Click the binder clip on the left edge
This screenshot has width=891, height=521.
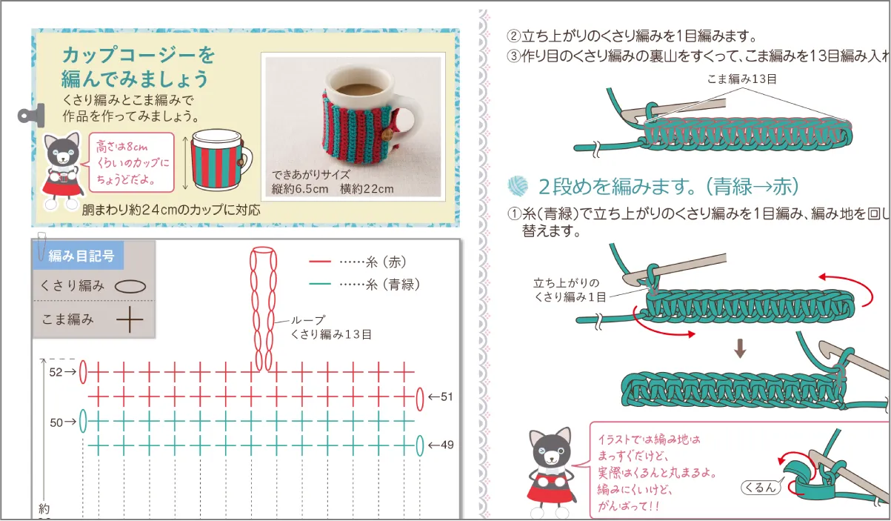(31, 116)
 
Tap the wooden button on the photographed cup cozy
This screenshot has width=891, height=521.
(387, 135)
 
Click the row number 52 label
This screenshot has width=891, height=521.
(56, 372)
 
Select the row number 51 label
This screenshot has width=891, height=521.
(447, 396)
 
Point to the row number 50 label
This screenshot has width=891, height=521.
(56, 422)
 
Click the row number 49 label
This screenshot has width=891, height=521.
(447, 445)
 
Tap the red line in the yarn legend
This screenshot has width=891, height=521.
(320, 262)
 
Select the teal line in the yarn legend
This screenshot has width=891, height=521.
(320, 284)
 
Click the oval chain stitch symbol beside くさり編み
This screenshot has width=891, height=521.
(130, 287)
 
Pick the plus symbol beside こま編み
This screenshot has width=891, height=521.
(130, 319)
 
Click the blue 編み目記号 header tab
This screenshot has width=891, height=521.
(79, 256)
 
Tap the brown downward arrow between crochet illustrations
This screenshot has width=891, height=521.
(740, 348)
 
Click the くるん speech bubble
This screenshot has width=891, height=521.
(761, 487)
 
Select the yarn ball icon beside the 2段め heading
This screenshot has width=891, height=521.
(518, 186)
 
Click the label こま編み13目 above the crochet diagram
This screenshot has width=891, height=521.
(742, 79)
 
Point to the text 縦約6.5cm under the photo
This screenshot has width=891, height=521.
(300, 189)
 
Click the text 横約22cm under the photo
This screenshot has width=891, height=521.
(367, 189)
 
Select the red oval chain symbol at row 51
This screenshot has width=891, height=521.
(420, 399)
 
